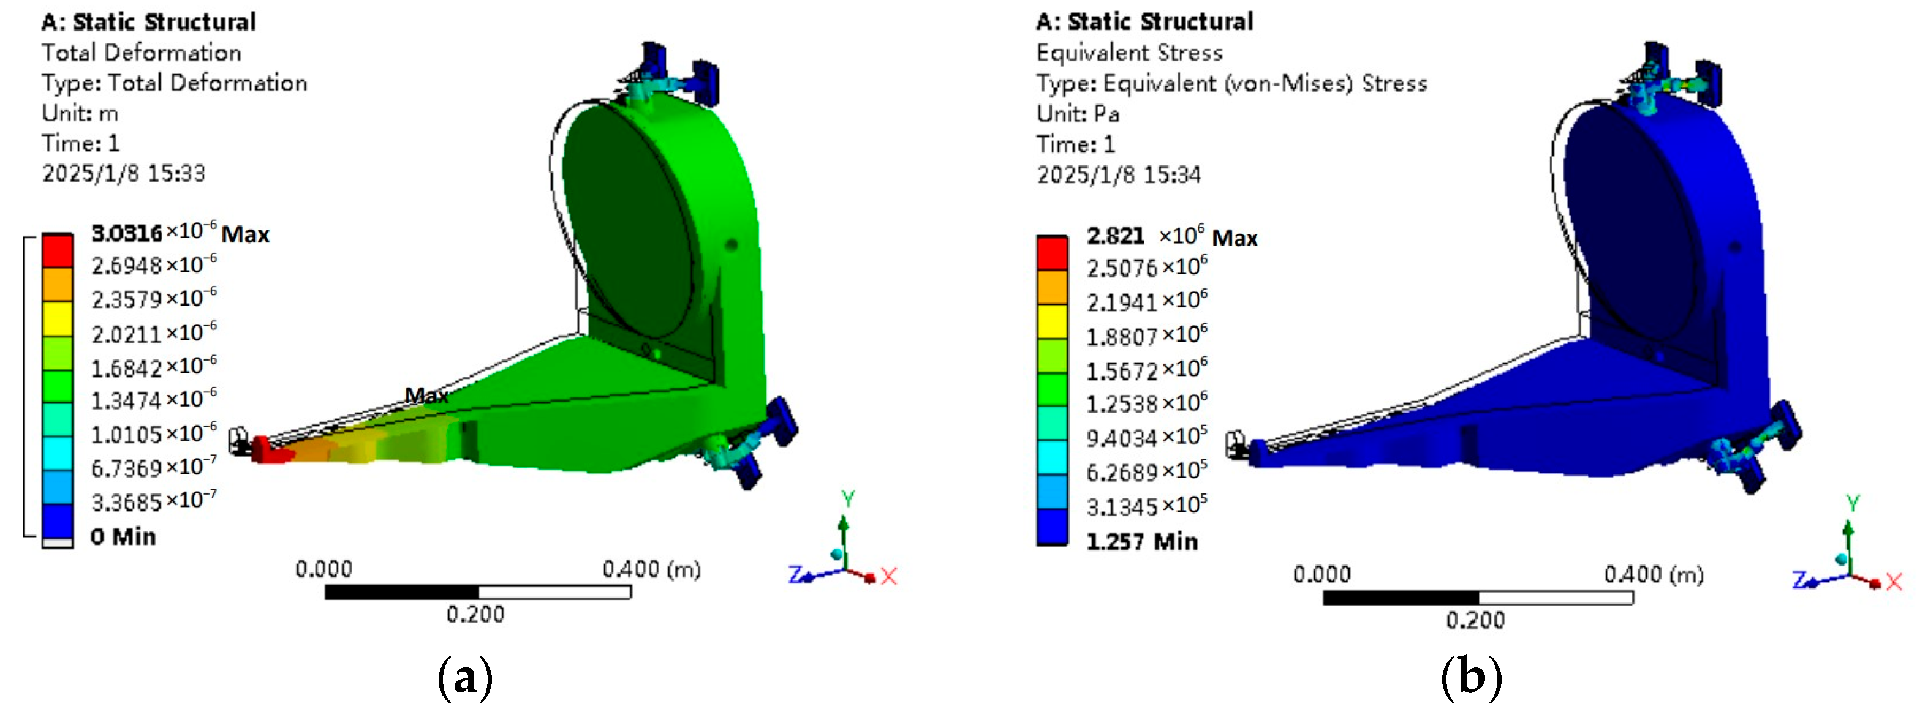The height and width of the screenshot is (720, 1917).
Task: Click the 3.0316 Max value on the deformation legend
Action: point(180,233)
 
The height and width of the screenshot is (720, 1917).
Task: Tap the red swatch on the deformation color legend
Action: point(58,250)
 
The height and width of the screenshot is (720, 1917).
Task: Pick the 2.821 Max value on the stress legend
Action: point(1172,236)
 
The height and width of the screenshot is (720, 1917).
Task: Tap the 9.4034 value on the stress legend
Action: point(1147,437)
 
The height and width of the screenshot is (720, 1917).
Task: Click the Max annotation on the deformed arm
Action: point(426,395)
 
